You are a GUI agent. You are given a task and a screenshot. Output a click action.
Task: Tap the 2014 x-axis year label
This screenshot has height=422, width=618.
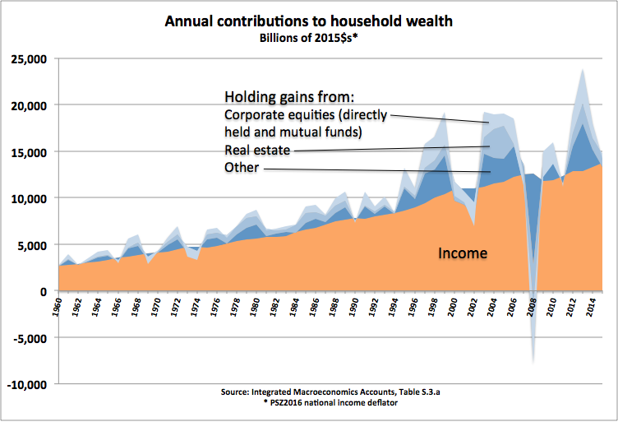pos(590,308)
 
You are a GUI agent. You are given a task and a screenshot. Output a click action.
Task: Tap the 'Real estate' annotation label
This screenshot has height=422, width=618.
pos(259,150)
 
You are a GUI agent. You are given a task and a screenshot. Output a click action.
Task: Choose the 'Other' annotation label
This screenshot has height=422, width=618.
pos(242,168)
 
